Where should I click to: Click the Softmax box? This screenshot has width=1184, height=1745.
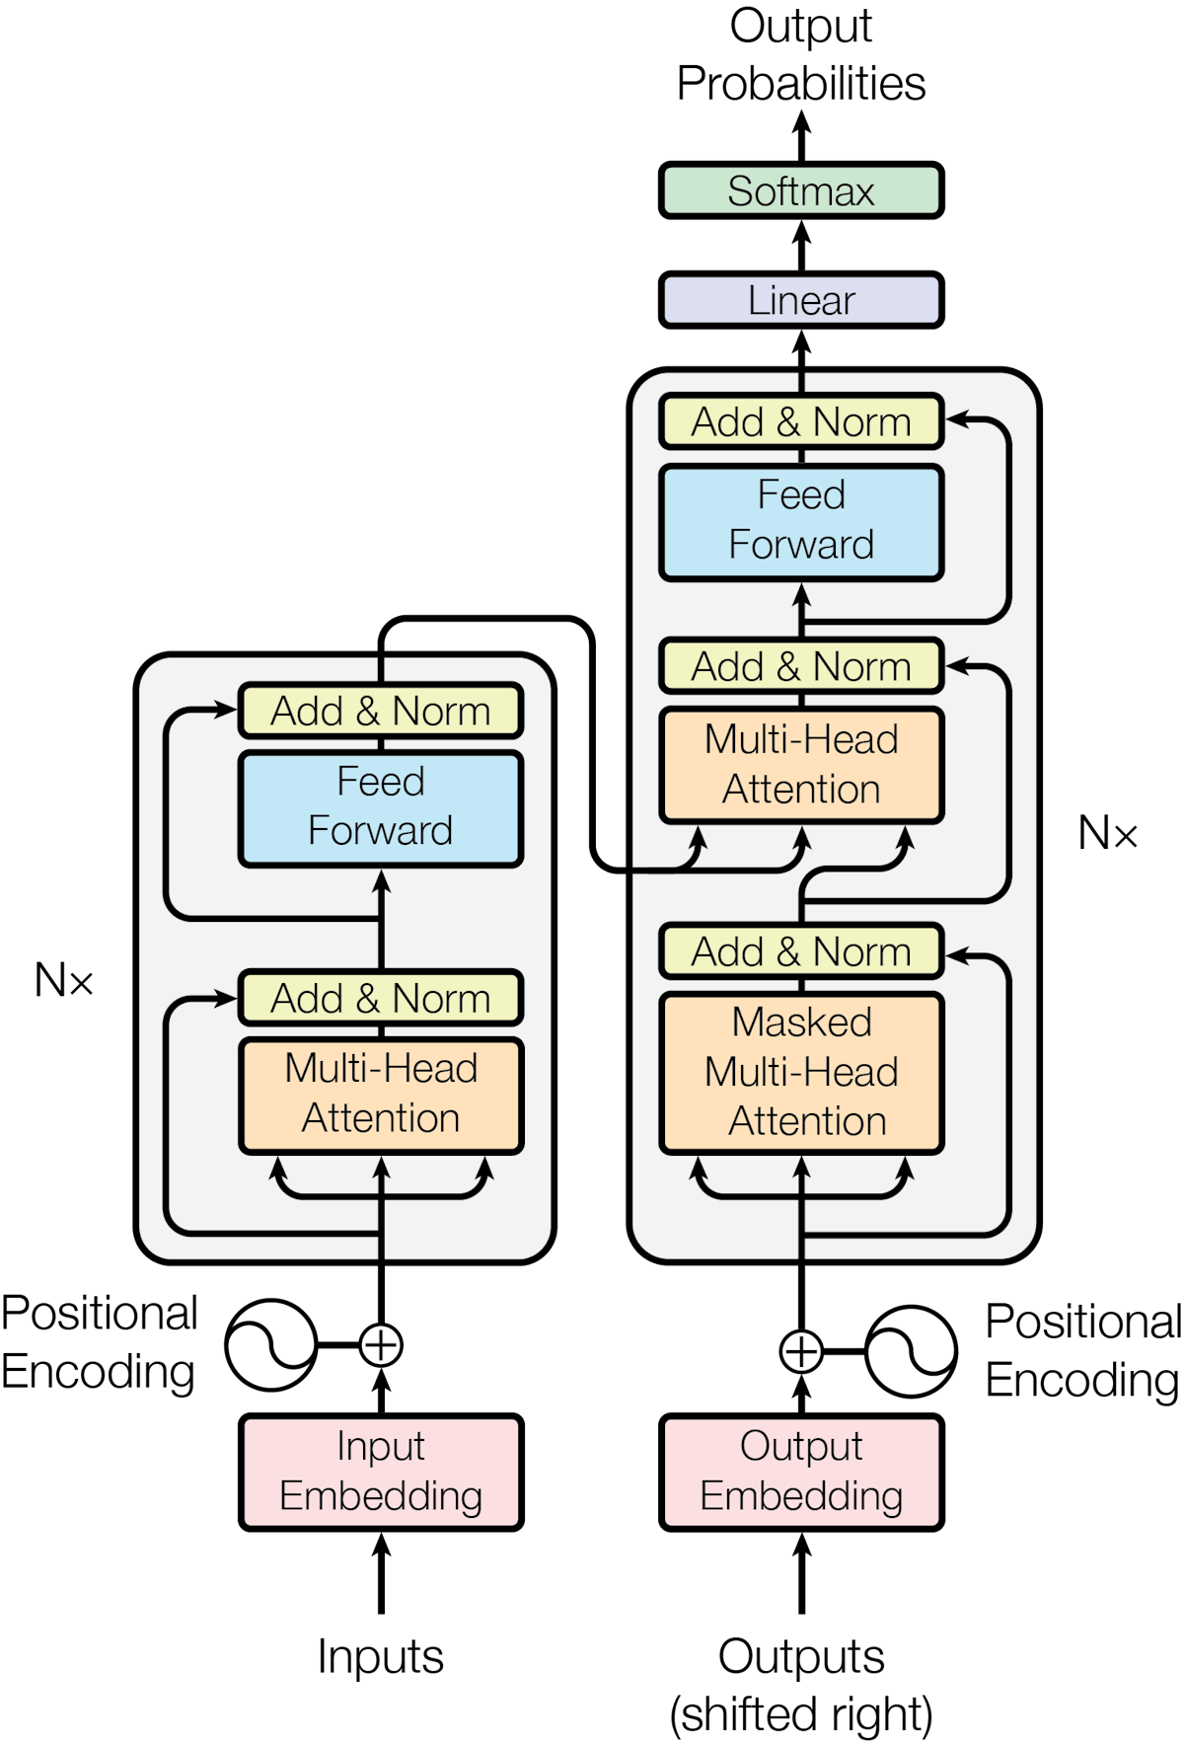(801, 191)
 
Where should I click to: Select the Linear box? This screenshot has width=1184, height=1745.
(801, 300)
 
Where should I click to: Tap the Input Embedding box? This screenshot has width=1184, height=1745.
(381, 1472)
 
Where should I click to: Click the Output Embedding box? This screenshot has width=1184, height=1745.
(801, 1472)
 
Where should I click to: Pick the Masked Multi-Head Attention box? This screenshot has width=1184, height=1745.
(801, 1073)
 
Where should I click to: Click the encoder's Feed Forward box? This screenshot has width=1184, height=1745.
(381, 807)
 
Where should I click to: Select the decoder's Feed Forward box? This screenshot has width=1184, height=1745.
(801, 521)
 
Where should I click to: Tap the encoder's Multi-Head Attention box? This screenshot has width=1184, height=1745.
(381, 1094)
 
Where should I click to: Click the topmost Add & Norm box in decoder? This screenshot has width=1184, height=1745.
(801, 422)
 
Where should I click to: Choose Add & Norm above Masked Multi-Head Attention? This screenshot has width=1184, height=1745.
(801, 951)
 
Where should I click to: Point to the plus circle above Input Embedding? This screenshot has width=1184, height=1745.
(381, 1344)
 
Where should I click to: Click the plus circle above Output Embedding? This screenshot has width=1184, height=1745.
(801, 1351)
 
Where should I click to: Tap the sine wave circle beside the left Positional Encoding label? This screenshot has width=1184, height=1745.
(269, 1344)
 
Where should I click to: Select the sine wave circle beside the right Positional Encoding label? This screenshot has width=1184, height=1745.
(911, 1351)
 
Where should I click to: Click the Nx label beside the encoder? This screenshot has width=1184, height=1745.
(64, 981)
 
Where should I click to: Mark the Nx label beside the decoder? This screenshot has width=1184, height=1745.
(1107, 834)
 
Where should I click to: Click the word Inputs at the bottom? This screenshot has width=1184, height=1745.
(381, 1657)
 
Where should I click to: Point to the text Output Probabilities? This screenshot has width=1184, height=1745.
(801, 55)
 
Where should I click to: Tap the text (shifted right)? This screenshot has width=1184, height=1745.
(801, 1714)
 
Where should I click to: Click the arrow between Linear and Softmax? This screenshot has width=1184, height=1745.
(801, 246)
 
